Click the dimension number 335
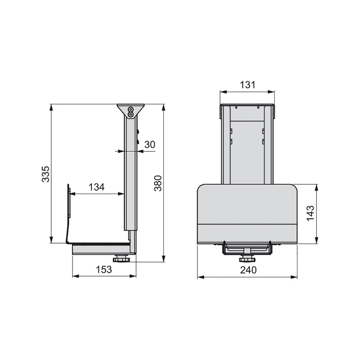tap(45, 174)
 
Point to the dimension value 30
tap(150, 144)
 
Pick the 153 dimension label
tap(104, 270)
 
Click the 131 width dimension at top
tap(247, 85)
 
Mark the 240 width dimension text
tap(247, 270)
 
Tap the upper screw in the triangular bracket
tap(130, 109)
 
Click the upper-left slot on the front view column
tap(231, 131)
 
